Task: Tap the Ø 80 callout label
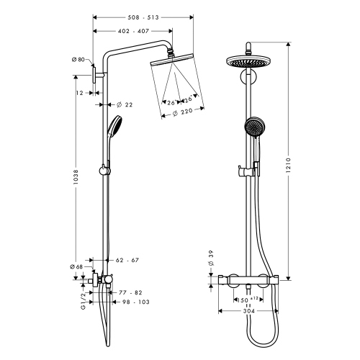click(78, 60)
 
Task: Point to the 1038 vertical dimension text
click(76, 177)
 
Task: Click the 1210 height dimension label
click(289, 165)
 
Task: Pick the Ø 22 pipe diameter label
click(125, 104)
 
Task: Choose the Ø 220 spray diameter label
click(183, 112)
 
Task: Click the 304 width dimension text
click(249, 311)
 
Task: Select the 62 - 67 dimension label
click(127, 260)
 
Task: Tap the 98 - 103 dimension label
click(136, 302)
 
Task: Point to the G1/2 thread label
click(83, 301)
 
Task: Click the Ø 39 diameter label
click(211, 258)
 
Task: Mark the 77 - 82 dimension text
click(130, 293)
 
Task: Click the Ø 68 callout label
click(76, 266)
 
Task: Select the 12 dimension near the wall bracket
click(79, 93)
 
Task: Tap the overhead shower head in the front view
click(248, 62)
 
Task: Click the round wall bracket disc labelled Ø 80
click(94, 75)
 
